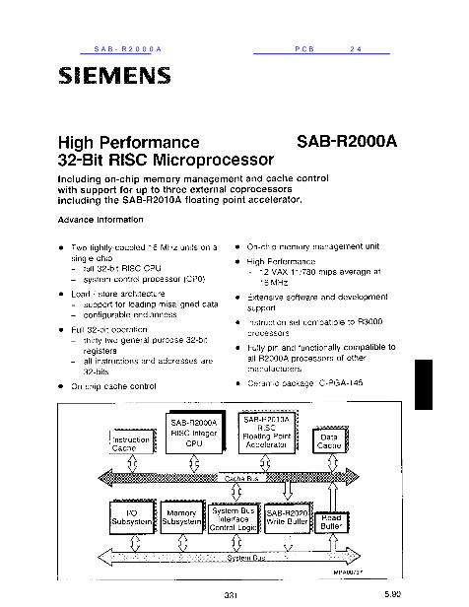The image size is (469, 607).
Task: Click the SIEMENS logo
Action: [115, 75]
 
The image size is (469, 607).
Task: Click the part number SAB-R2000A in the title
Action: [346, 141]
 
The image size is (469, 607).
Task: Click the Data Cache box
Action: [328, 443]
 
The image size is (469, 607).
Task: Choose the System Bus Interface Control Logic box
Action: [234, 518]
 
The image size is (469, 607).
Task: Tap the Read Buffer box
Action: [331, 522]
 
